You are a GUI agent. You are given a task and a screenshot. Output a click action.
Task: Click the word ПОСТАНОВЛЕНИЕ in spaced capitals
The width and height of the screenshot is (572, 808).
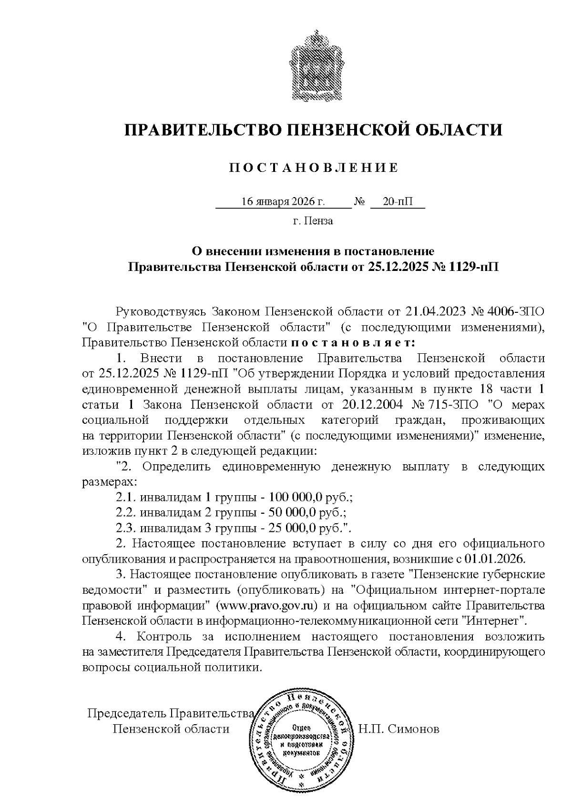[x=313, y=168]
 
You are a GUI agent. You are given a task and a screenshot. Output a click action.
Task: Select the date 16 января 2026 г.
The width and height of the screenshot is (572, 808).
[x=283, y=202]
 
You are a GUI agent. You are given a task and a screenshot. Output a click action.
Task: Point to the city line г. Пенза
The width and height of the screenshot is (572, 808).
[x=313, y=221]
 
